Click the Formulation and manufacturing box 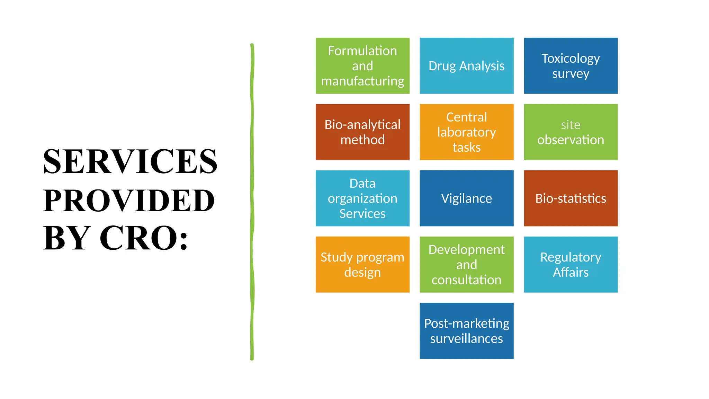(362, 66)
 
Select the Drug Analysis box (466, 66)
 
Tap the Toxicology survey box (571, 66)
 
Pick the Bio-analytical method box (362, 132)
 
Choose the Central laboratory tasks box (466, 132)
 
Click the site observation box (571, 132)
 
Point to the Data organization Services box (362, 198)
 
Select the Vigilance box (466, 198)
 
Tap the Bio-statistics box (571, 198)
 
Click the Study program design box (362, 264)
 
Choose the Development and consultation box (466, 264)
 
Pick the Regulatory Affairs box (571, 264)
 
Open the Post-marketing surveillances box (466, 331)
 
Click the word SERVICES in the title (130, 161)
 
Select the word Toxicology (571, 58)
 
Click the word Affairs (571, 272)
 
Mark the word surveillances (466, 338)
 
